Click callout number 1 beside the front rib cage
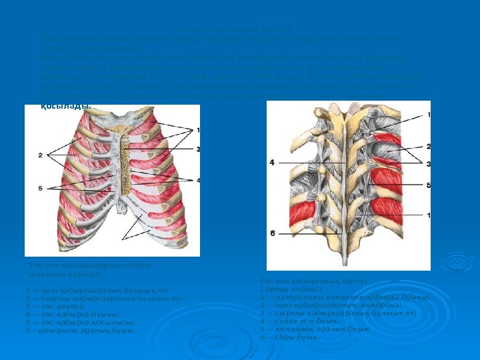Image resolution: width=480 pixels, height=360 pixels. (198, 129)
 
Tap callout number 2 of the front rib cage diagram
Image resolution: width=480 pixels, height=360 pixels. (41, 155)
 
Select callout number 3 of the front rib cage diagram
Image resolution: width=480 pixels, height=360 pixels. (198, 149)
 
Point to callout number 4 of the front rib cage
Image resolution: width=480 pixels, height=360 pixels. (198, 180)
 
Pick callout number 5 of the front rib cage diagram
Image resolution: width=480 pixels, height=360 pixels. (41, 188)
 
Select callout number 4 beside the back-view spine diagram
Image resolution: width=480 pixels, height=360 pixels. (272, 162)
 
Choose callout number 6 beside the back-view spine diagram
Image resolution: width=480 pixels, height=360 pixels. (272, 233)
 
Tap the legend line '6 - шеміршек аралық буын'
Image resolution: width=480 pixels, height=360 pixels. (79, 329)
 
